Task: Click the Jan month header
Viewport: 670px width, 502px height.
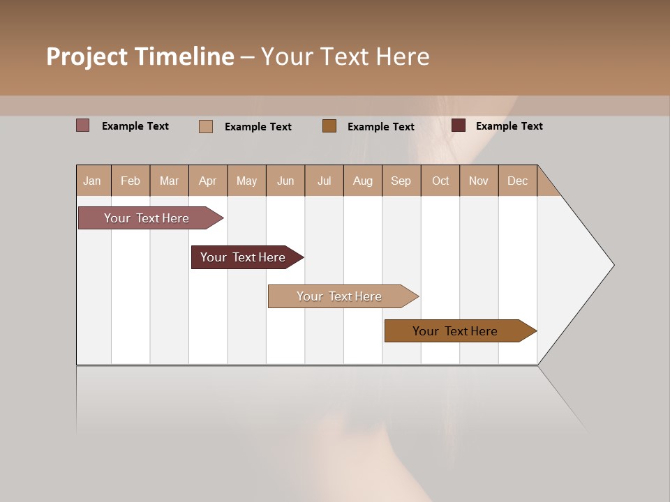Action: [x=92, y=181]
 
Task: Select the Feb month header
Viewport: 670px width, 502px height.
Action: [x=131, y=181]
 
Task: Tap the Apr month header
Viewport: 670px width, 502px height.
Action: [x=207, y=181]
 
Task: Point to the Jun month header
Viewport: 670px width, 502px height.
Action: [x=285, y=181]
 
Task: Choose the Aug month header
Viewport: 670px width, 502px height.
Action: [x=362, y=181]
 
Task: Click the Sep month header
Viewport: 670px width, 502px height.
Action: [x=401, y=181]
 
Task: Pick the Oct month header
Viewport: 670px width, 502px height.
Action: [x=440, y=181]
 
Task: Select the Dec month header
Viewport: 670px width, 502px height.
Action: [x=517, y=181]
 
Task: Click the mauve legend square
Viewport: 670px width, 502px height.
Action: [x=83, y=125]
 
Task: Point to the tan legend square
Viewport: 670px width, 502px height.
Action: [x=206, y=126]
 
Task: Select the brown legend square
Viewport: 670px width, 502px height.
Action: [x=329, y=125]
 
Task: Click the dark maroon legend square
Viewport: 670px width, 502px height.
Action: [x=459, y=125]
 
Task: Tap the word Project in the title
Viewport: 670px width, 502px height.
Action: [x=87, y=56]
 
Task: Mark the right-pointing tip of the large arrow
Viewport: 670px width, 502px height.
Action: [x=613, y=265]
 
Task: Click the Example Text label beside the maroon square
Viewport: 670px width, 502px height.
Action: [x=509, y=126]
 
